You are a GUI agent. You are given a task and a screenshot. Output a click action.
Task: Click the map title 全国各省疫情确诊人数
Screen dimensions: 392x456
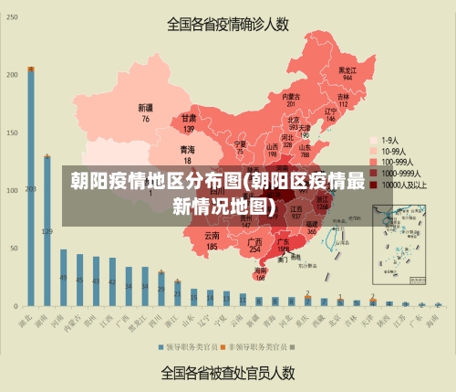click(227, 25)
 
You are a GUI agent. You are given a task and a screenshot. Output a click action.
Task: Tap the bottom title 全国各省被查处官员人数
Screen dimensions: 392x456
click(227, 373)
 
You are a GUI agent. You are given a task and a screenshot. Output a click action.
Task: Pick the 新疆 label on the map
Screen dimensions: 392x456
click(145, 112)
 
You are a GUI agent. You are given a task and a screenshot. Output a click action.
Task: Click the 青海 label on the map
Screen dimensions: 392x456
click(187, 154)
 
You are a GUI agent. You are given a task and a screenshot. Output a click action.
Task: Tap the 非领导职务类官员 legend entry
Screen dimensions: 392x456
click(258, 347)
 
